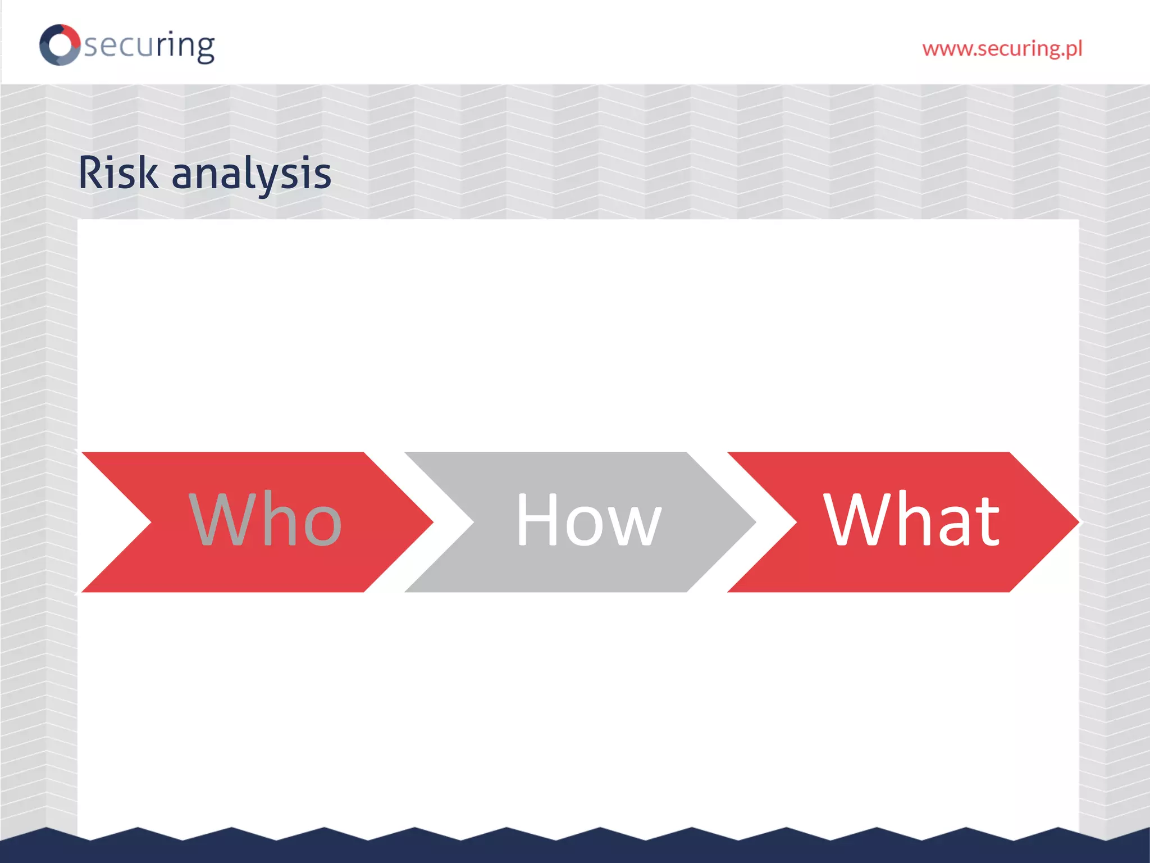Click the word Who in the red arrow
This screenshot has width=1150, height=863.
(x=265, y=519)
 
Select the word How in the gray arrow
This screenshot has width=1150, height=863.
(x=588, y=519)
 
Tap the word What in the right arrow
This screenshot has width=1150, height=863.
(x=911, y=519)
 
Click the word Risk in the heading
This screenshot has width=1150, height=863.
(x=118, y=173)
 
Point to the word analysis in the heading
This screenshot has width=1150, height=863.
(x=251, y=174)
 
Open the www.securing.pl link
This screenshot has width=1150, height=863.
(x=1002, y=49)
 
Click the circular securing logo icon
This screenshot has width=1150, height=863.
(x=60, y=45)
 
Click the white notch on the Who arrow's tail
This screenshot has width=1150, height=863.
(x=112, y=522)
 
